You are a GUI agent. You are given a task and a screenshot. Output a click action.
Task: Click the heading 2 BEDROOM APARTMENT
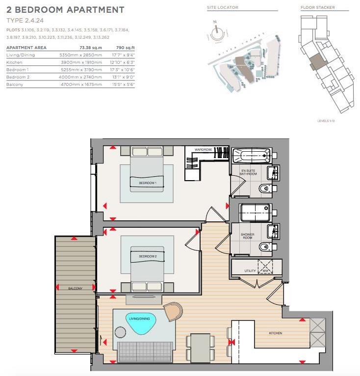coord(65,10)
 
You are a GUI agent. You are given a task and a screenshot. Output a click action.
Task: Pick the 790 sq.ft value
coord(125,48)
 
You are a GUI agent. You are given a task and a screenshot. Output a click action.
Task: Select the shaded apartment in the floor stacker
coord(318,61)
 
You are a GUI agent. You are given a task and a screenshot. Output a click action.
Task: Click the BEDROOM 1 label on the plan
coord(147,183)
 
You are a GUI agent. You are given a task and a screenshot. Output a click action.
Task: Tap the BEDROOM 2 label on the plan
coord(147,257)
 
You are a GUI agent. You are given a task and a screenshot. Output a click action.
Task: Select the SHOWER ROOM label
coord(247,236)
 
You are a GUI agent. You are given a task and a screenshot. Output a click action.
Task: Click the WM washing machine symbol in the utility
coord(265,269)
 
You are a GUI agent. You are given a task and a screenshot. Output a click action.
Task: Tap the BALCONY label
coord(75,288)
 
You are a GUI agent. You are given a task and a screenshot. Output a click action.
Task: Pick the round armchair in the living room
coord(173,311)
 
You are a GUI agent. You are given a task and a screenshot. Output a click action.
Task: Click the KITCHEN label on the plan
coord(276,333)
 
